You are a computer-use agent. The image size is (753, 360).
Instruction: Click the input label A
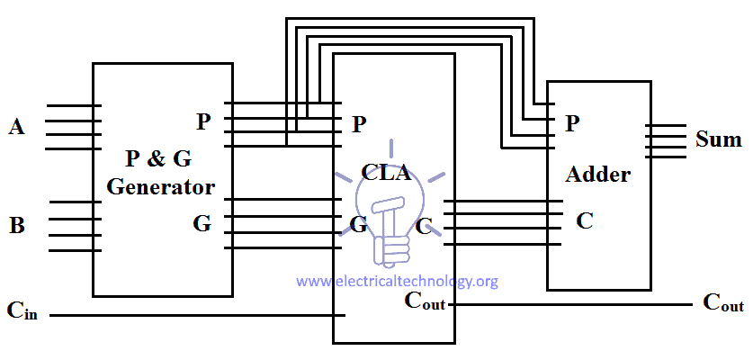(x=16, y=127)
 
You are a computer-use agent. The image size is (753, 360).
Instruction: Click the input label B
(x=16, y=225)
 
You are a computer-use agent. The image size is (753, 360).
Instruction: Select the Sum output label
(x=718, y=139)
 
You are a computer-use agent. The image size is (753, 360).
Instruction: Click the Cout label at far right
(x=722, y=302)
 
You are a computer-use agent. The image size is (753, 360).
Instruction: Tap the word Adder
(x=597, y=174)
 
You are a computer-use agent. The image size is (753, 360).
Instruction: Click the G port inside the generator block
(x=202, y=223)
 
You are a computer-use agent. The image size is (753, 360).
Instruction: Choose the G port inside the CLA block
(x=358, y=224)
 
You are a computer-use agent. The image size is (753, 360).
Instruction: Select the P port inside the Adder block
(x=571, y=124)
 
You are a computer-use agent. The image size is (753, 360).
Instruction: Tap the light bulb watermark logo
(x=391, y=205)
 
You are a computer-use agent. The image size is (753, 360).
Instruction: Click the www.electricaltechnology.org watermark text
(x=397, y=282)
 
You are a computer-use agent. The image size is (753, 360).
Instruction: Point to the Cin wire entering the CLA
(x=198, y=315)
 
